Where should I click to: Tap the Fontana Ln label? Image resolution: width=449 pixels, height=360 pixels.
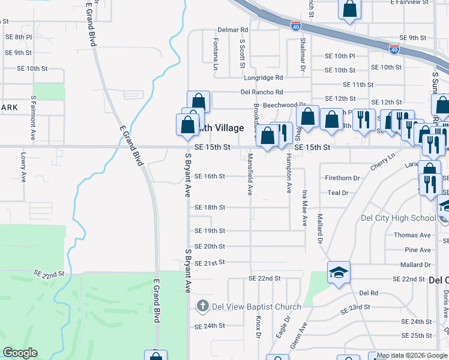215,55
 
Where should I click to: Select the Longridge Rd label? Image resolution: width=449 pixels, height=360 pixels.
263,77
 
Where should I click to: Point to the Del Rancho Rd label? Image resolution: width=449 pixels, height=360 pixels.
262,92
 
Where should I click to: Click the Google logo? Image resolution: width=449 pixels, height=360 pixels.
20,353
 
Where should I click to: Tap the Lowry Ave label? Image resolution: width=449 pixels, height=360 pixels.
23,167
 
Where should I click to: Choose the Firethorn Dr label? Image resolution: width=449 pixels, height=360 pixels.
342,178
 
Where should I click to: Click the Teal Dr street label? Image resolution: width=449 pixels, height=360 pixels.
338,193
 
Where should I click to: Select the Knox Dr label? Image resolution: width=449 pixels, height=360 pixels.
259,327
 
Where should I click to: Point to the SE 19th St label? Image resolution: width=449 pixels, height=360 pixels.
210,230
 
